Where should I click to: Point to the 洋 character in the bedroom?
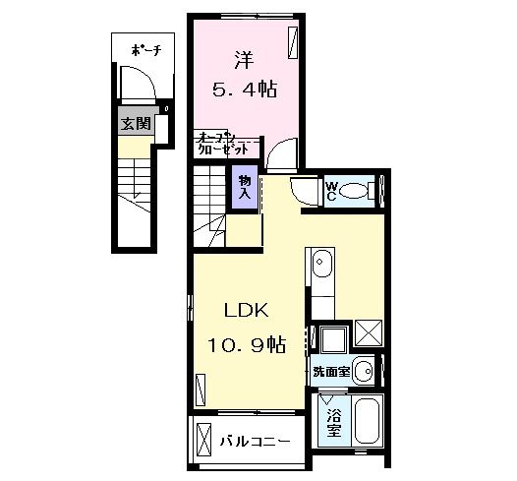coord(244,58)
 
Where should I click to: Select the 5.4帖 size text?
coord(245,90)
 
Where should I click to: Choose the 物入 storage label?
coord(244,188)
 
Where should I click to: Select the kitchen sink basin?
coord(321,264)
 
